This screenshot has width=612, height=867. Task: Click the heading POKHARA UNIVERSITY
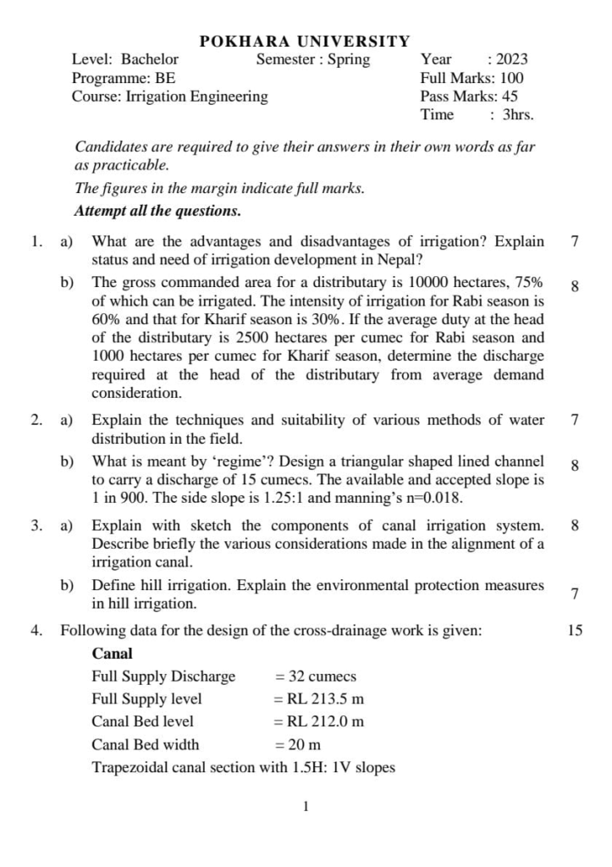305,41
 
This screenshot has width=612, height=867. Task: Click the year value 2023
512,59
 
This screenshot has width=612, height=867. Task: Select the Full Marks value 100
506,78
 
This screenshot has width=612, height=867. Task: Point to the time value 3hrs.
518,115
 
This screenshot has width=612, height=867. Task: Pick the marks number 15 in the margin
575,630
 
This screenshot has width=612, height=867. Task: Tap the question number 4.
36,630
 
